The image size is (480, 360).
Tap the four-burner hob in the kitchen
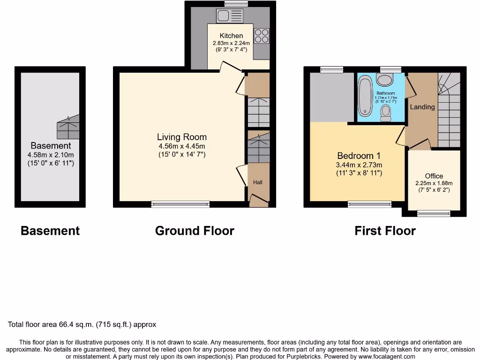[261, 36]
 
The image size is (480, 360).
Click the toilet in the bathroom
[386, 112]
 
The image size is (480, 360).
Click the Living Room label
[181, 137]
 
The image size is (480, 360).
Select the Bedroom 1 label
[359, 156]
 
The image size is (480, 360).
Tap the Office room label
[434, 176]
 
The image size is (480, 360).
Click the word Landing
[422, 107]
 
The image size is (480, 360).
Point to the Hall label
[258, 182]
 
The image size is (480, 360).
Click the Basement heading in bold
[50, 231]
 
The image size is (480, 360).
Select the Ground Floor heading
[195, 231]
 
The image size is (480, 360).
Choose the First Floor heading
[385, 231]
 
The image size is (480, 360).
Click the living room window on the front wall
[180, 204]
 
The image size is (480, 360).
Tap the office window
[434, 214]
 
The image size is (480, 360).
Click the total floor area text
[82, 324]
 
